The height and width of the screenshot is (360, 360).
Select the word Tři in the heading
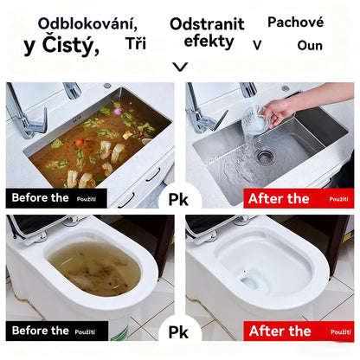136,43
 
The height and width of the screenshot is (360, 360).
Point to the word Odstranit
207,23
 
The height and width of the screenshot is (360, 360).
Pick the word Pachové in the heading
295,22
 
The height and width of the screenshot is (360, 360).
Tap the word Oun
309,45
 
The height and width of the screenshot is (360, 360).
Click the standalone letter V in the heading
257,44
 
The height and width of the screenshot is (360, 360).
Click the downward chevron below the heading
180,66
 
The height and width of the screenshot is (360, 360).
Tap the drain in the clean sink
264,156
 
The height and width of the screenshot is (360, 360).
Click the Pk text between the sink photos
179,199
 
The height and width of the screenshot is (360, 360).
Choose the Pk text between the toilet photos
179,331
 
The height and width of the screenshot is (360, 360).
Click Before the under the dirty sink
40,198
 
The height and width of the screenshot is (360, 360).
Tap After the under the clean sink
279,199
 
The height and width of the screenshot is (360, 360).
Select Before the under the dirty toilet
40,331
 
